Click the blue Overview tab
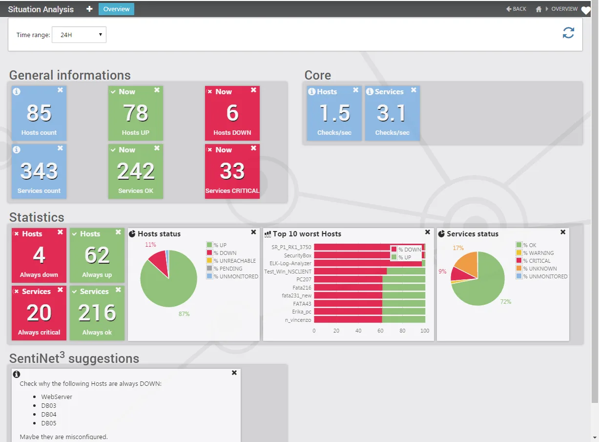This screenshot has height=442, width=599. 116,9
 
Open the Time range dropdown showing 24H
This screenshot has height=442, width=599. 79,35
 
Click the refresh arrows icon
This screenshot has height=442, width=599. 568,33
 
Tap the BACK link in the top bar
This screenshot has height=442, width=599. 516,9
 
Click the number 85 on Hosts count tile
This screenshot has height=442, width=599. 39,113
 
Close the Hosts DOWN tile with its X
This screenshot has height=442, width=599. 253,90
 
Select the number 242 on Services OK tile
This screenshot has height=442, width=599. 136,171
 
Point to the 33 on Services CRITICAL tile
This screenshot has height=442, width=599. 232,171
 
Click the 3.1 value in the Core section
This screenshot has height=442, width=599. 392,113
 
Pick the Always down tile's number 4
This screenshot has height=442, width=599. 39,255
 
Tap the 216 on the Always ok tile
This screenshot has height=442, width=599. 97,313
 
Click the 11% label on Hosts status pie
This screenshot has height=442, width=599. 150,245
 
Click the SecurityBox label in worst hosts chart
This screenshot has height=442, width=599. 298,255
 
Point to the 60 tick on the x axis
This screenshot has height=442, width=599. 380,331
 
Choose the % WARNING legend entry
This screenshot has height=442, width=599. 535,253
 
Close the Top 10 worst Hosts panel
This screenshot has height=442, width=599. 428,232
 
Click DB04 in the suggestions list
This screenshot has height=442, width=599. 49,414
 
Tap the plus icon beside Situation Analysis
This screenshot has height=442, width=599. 89,9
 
